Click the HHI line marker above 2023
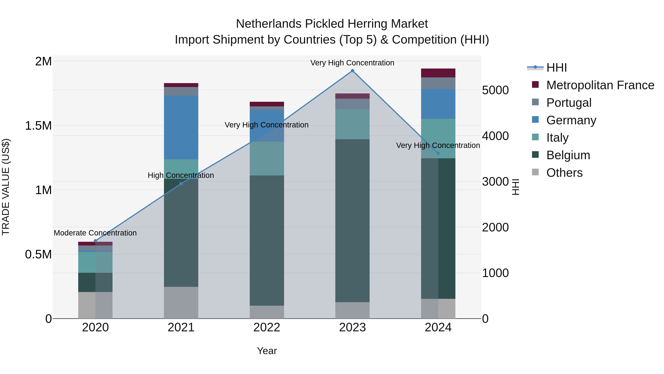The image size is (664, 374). tap(352, 71)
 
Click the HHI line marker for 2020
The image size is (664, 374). tap(95, 241)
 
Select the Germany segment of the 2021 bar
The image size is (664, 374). tap(181, 127)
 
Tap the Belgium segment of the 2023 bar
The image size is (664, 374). tap(352, 221)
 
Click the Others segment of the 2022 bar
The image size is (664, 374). tap(267, 312)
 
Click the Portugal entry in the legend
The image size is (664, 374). tap(569, 103)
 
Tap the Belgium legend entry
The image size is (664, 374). tap(568, 155)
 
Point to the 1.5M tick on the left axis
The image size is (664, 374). tap(38, 126)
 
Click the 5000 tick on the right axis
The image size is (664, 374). tap(495, 90)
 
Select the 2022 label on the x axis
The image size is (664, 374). tap(267, 327)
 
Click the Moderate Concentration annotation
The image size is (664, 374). tap(95, 233)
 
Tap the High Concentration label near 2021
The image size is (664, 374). tap(181, 175)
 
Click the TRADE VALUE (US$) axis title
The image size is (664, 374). tap(6, 187)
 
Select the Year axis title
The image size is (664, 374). tap(267, 351)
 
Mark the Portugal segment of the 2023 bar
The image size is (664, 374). tap(352, 104)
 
